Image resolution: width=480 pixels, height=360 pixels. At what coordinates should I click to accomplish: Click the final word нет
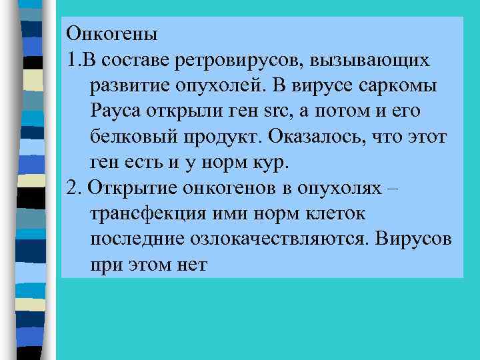193,265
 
